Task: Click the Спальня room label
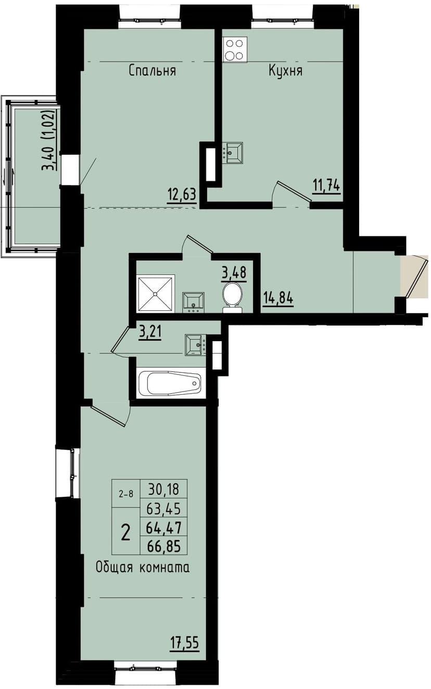click(152, 71)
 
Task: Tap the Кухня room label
click(285, 71)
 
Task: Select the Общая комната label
click(142, 568)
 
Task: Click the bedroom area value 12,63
click(181, 195)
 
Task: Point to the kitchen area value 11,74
click(326, 185)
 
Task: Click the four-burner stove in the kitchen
click(235, 50)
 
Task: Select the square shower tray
click(156, 293)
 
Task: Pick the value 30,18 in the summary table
click(164, 490)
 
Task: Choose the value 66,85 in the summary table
click(164, 546)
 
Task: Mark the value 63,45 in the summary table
click(164, 508)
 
